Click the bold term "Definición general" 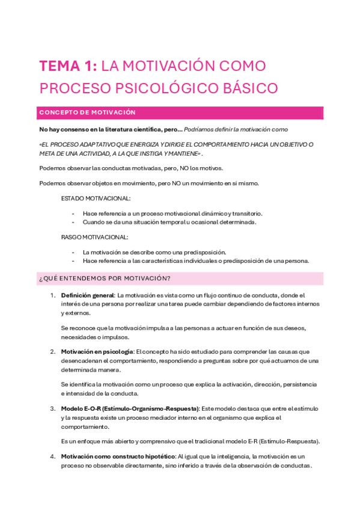88,295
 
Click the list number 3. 53,408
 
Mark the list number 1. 53,295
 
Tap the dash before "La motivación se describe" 73,253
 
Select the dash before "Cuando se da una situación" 73,222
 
